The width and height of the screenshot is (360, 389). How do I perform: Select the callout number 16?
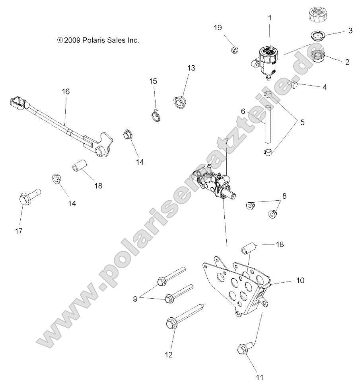click(x=66, y=92)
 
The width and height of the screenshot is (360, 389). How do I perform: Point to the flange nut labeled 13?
click(x=181, y=102)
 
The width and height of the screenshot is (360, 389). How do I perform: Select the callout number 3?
click(x=350, y=31)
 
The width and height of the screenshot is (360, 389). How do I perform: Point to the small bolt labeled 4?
click(x=295, y=84)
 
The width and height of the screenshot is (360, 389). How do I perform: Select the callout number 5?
click(x=302, y=122)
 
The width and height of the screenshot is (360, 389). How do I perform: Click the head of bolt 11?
click(x=242, y=349)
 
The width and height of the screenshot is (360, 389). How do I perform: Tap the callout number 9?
click(x=136, y=298)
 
